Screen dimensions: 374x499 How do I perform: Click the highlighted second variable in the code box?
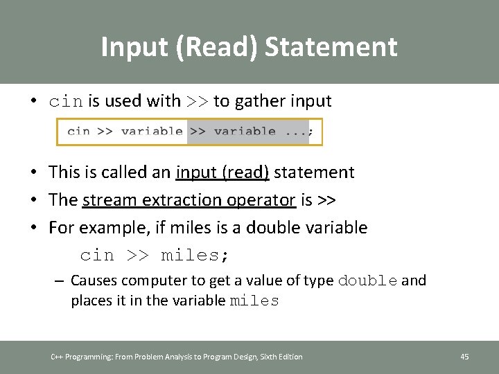(x=245, y=131)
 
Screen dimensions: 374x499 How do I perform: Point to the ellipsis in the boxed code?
(x=296, y=131)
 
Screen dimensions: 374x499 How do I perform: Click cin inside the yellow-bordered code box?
(x=78, y=131)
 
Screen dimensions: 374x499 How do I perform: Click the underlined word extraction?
(x=181, y=200)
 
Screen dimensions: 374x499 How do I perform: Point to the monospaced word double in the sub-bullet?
(x=367, y=280)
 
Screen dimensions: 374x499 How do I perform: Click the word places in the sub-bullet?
(x=89, y=301)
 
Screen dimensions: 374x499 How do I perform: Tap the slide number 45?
(x=464, y=357)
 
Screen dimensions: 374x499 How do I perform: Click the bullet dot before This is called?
(x=34, y=172)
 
